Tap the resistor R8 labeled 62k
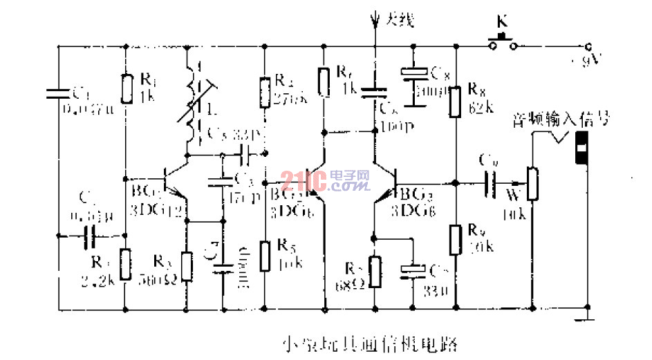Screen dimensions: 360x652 pos(455,101)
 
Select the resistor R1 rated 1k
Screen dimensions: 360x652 pos(125,88)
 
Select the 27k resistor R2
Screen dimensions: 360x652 pos(265,93)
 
